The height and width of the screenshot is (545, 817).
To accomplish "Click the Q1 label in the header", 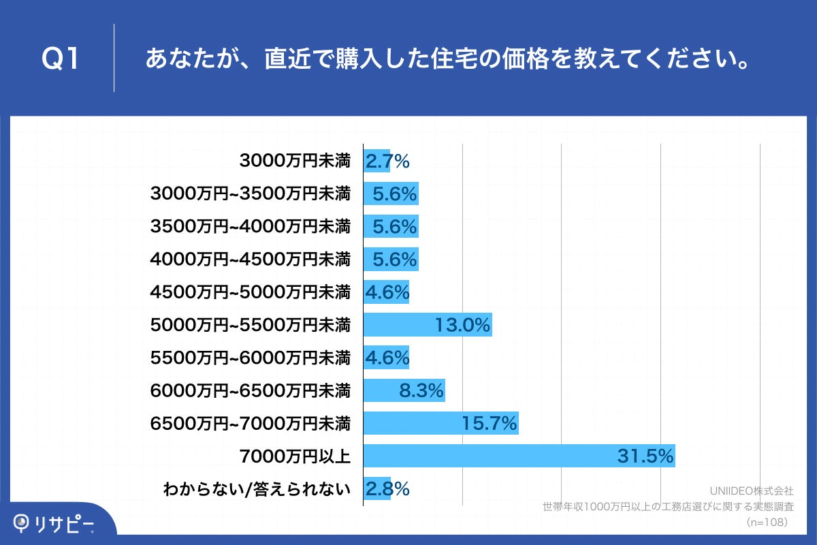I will (61, 59).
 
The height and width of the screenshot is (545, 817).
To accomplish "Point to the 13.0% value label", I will (463, 325).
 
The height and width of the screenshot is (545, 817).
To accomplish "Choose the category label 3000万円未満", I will (295, 161).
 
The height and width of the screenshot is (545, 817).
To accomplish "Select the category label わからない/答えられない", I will (257, 488).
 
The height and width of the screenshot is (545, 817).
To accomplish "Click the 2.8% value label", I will (387, 488).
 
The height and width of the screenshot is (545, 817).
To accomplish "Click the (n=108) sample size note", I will (767, 522).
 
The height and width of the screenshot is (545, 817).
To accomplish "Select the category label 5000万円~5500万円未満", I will (250, 325).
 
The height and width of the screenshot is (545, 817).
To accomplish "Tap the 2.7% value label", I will (387, 161).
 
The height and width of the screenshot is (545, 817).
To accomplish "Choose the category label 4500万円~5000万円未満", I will (250, 292).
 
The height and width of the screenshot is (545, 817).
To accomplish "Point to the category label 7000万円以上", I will (295, 456).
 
